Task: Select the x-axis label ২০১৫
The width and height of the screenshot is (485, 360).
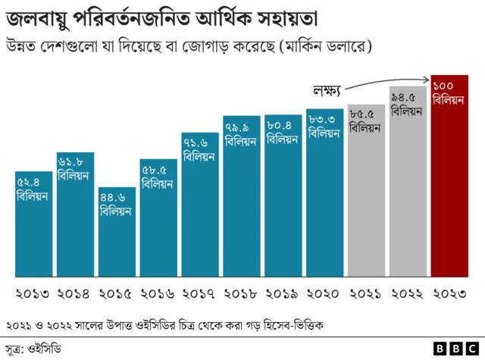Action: [x=117, y=293]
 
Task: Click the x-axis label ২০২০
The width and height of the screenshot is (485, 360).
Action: [x=324, y=293]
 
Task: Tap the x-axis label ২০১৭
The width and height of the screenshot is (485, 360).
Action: [x=200, y=293]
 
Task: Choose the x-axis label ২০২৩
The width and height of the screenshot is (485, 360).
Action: [x=449, y=293]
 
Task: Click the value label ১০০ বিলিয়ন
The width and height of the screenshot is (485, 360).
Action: [x=448, y=93]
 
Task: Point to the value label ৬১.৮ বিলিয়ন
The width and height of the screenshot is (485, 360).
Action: [x=74, y=169]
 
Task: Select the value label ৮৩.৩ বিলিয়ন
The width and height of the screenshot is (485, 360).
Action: [x=324, y=126]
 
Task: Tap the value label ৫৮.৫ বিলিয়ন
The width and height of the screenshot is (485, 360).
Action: [x=158, y=176]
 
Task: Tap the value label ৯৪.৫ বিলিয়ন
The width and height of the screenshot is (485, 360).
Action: [x=407, y=104]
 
